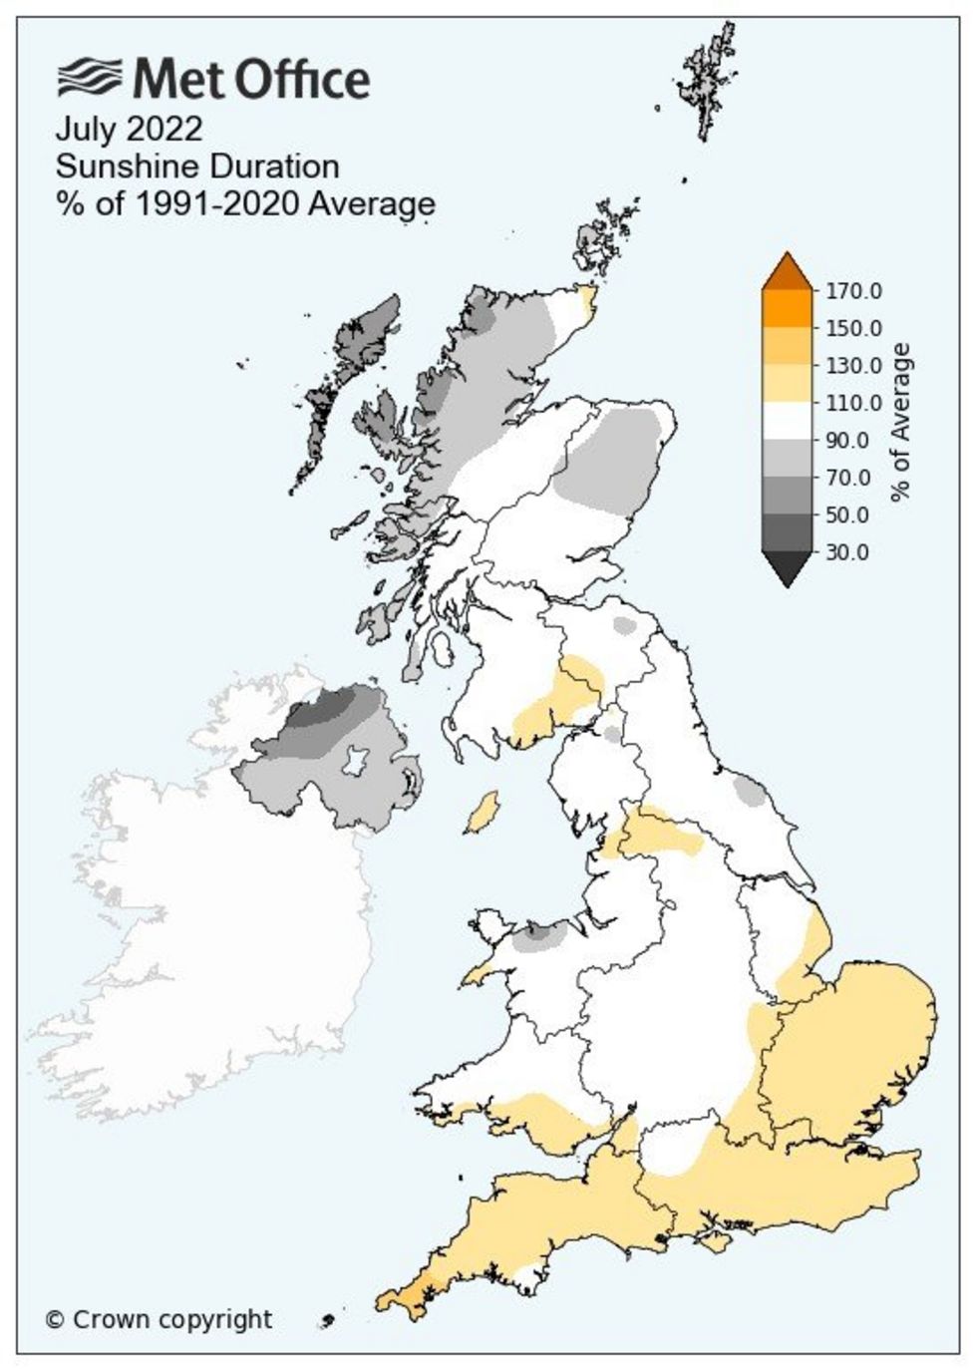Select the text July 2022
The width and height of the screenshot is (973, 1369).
(129, 130)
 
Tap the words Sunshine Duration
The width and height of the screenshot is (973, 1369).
(197, 167)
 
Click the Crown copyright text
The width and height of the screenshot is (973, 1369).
(159, 1319)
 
